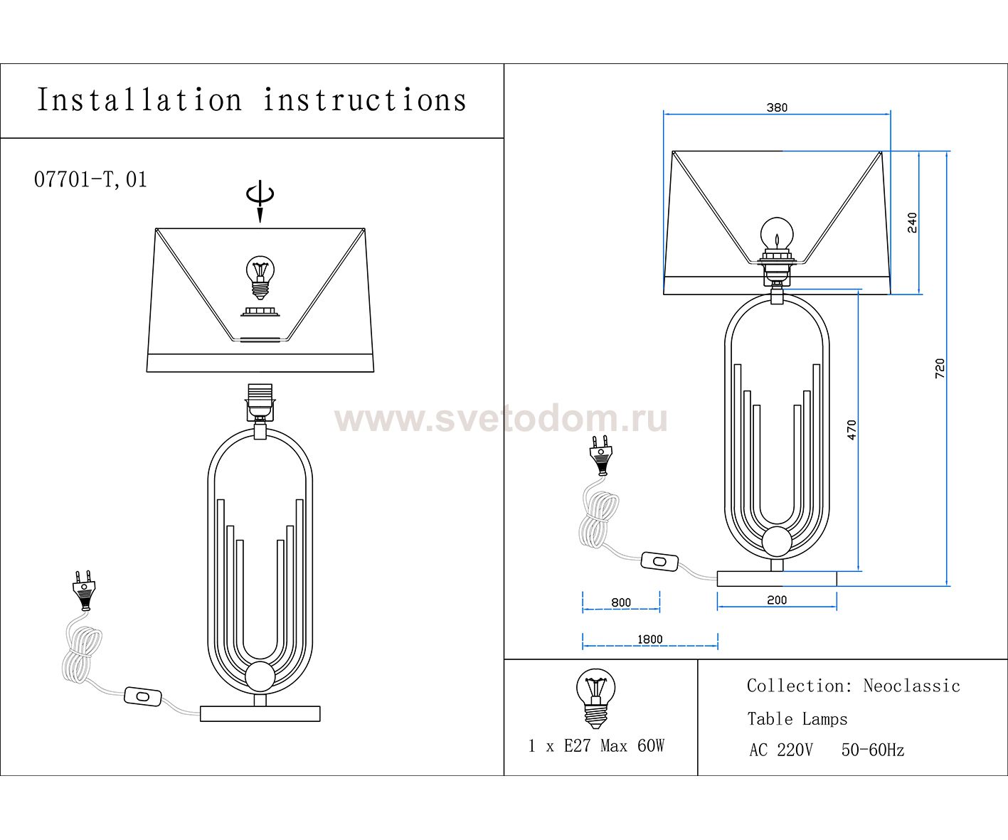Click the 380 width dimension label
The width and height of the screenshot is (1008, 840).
(x=777, y=107)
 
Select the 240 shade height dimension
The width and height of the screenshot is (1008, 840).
(x=912, y=223)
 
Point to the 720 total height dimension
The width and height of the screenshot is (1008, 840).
(x=940, y=368)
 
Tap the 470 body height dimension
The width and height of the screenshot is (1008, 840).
(x=852, y=430)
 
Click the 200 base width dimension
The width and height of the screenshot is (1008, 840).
(x=777, y=600)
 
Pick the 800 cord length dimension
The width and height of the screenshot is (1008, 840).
(x=621, y=602)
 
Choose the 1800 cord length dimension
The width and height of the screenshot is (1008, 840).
(x=649, y=639)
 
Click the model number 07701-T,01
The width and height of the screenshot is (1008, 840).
(x=90, y=180)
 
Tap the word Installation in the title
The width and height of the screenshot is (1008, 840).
(x=139, y=100)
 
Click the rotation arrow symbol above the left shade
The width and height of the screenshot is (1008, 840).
(x=260, y=201)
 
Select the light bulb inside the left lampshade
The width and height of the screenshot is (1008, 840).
(x=260, y=277)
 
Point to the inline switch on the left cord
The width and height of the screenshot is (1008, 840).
(x=143, y=696)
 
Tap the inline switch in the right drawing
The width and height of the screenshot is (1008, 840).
(x=659, y=561)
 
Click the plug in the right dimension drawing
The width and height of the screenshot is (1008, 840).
(x=600, y=454)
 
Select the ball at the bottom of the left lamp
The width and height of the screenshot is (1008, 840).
(x=260, y=677)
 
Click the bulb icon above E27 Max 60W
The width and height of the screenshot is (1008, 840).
(x=595, y=698)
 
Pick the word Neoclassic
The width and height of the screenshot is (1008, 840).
(x=911, y=686)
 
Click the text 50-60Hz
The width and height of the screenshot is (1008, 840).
(x=873, y=750)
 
